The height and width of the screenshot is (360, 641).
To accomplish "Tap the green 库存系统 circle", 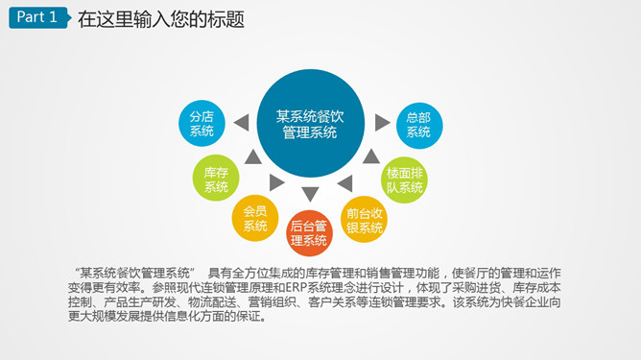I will [216, 179].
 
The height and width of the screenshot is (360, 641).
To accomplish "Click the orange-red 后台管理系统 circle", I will [309, 233].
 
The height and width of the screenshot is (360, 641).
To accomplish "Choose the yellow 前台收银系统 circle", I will [365, 220].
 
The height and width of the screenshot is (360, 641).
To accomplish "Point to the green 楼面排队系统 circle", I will [404, 179].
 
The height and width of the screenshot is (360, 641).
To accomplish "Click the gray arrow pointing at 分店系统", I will [240, 122].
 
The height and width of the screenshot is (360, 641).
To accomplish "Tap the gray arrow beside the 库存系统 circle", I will [251, 156].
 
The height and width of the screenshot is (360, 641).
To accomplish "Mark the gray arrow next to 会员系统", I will [277, 182].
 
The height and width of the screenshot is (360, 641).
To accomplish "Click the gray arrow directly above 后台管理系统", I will [310, 194].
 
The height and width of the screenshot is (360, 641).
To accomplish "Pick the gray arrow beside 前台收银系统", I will [343, 182].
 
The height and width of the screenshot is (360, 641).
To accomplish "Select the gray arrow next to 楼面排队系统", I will [369, 156].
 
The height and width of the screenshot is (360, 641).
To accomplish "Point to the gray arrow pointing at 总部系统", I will [382, 122].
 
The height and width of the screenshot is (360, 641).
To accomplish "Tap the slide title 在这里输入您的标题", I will [160, 18].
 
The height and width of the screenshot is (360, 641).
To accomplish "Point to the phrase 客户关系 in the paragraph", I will [352, 302].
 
